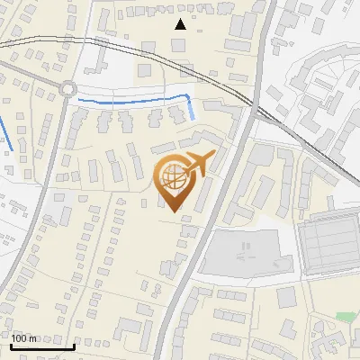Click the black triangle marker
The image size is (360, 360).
click(181, 24)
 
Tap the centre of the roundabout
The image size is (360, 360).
click(68, 88)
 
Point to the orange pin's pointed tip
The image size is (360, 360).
click(171, 211)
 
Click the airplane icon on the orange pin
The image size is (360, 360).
click(198, 164)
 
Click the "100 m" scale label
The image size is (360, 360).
click(24, 338)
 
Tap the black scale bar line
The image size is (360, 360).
click(42, 346)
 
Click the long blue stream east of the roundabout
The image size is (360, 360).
click(135, 100)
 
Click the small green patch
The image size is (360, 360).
click(345, 317)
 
